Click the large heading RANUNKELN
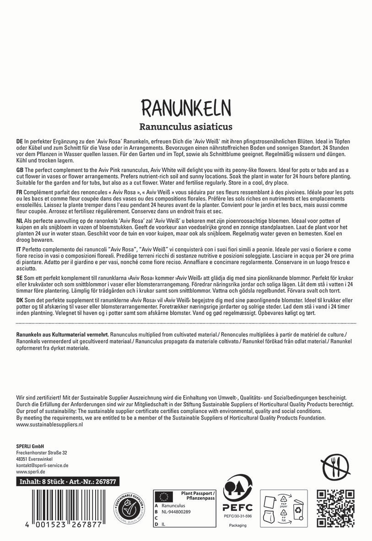tap(186, 107)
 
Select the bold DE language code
tap(20, 142)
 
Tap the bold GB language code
tap(20, 170)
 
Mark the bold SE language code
tap(19, 278)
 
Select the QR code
tap(336, 507)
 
